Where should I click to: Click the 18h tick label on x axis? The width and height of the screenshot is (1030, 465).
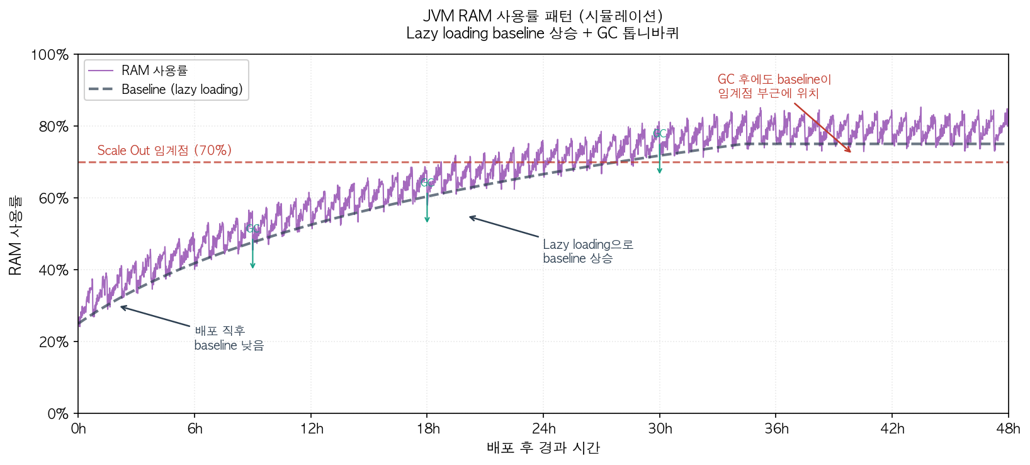tap(427, 429)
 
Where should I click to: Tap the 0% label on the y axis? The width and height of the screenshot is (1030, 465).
tap(58, 414)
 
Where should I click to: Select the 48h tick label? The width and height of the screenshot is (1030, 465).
tap(1007, 429)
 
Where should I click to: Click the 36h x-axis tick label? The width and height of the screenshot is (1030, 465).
tap(776, 429)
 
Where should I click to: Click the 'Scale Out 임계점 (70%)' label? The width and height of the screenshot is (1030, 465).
tap(164, 151)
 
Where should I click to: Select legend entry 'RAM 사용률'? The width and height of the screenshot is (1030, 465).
tap(154, 71)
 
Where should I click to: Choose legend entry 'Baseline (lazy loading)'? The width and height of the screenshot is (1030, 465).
tap(181, 89)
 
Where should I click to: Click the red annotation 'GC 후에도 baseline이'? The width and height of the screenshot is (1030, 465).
tap(774, 80)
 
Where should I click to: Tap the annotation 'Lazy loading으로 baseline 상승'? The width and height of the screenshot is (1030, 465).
tap(587, 251)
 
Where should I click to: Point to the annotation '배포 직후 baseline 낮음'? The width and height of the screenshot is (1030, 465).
tap(229, 338)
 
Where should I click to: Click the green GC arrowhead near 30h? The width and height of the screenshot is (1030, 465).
tap(659, 171)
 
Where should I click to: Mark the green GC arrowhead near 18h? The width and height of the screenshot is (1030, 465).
tap(427, 220)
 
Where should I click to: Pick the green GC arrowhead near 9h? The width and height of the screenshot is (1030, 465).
tap(252, 266)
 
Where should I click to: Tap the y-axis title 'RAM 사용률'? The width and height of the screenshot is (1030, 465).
tap(15, 234)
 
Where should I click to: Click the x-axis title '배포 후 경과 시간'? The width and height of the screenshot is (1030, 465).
tap(543, 448)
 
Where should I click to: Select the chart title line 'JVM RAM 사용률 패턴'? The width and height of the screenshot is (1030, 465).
tap(542, 16)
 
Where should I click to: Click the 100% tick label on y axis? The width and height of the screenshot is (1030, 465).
tap(50, 55)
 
